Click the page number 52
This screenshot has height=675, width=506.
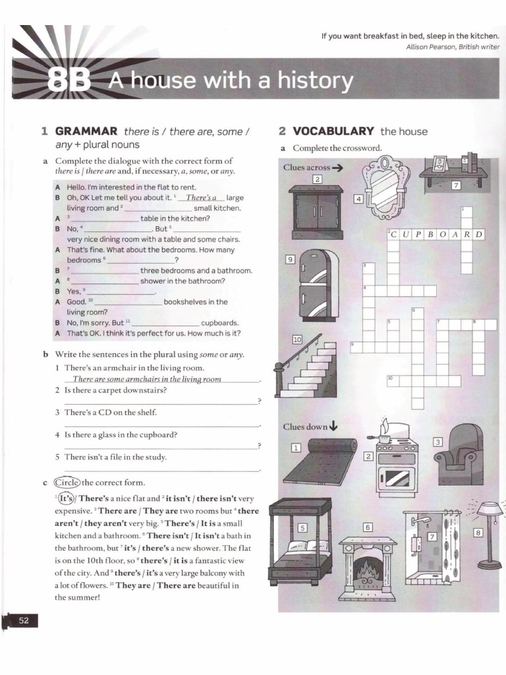(24, 620)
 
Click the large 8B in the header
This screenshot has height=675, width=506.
(69, 81)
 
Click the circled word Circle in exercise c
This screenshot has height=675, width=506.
(67, 482)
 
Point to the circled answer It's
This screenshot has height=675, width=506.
(65, 499)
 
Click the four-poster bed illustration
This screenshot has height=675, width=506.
(300, 542)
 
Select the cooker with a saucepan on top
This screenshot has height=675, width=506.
(395, 461)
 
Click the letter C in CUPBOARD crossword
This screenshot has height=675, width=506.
(393, 234)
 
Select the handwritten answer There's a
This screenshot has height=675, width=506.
(201, 197)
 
